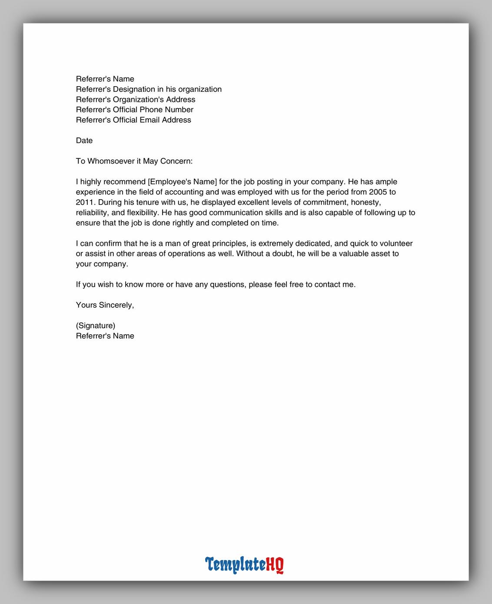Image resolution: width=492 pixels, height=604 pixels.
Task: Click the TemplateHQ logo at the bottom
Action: click(x=244, y=564)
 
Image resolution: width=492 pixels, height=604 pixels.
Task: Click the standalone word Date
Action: click(x=84, y=141)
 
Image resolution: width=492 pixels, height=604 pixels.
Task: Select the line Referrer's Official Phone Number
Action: click(x=134, y=110)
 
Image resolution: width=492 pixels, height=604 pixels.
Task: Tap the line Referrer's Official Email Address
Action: click(x=133, y=120)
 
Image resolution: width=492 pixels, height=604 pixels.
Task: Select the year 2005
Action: click(x=378, y=192)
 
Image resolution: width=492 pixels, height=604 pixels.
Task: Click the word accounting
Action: click(x=185, y=192)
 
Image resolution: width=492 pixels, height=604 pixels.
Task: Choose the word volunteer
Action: click(x=396, y=244)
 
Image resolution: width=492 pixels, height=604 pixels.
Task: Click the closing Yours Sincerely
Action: click(x=105, y=305)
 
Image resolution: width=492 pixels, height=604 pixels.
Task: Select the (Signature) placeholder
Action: click(x=96, y=325)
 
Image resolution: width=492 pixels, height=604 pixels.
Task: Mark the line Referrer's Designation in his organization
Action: click(x=149, y=89)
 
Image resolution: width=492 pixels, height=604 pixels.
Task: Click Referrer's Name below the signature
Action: click(x=105, y=336)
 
